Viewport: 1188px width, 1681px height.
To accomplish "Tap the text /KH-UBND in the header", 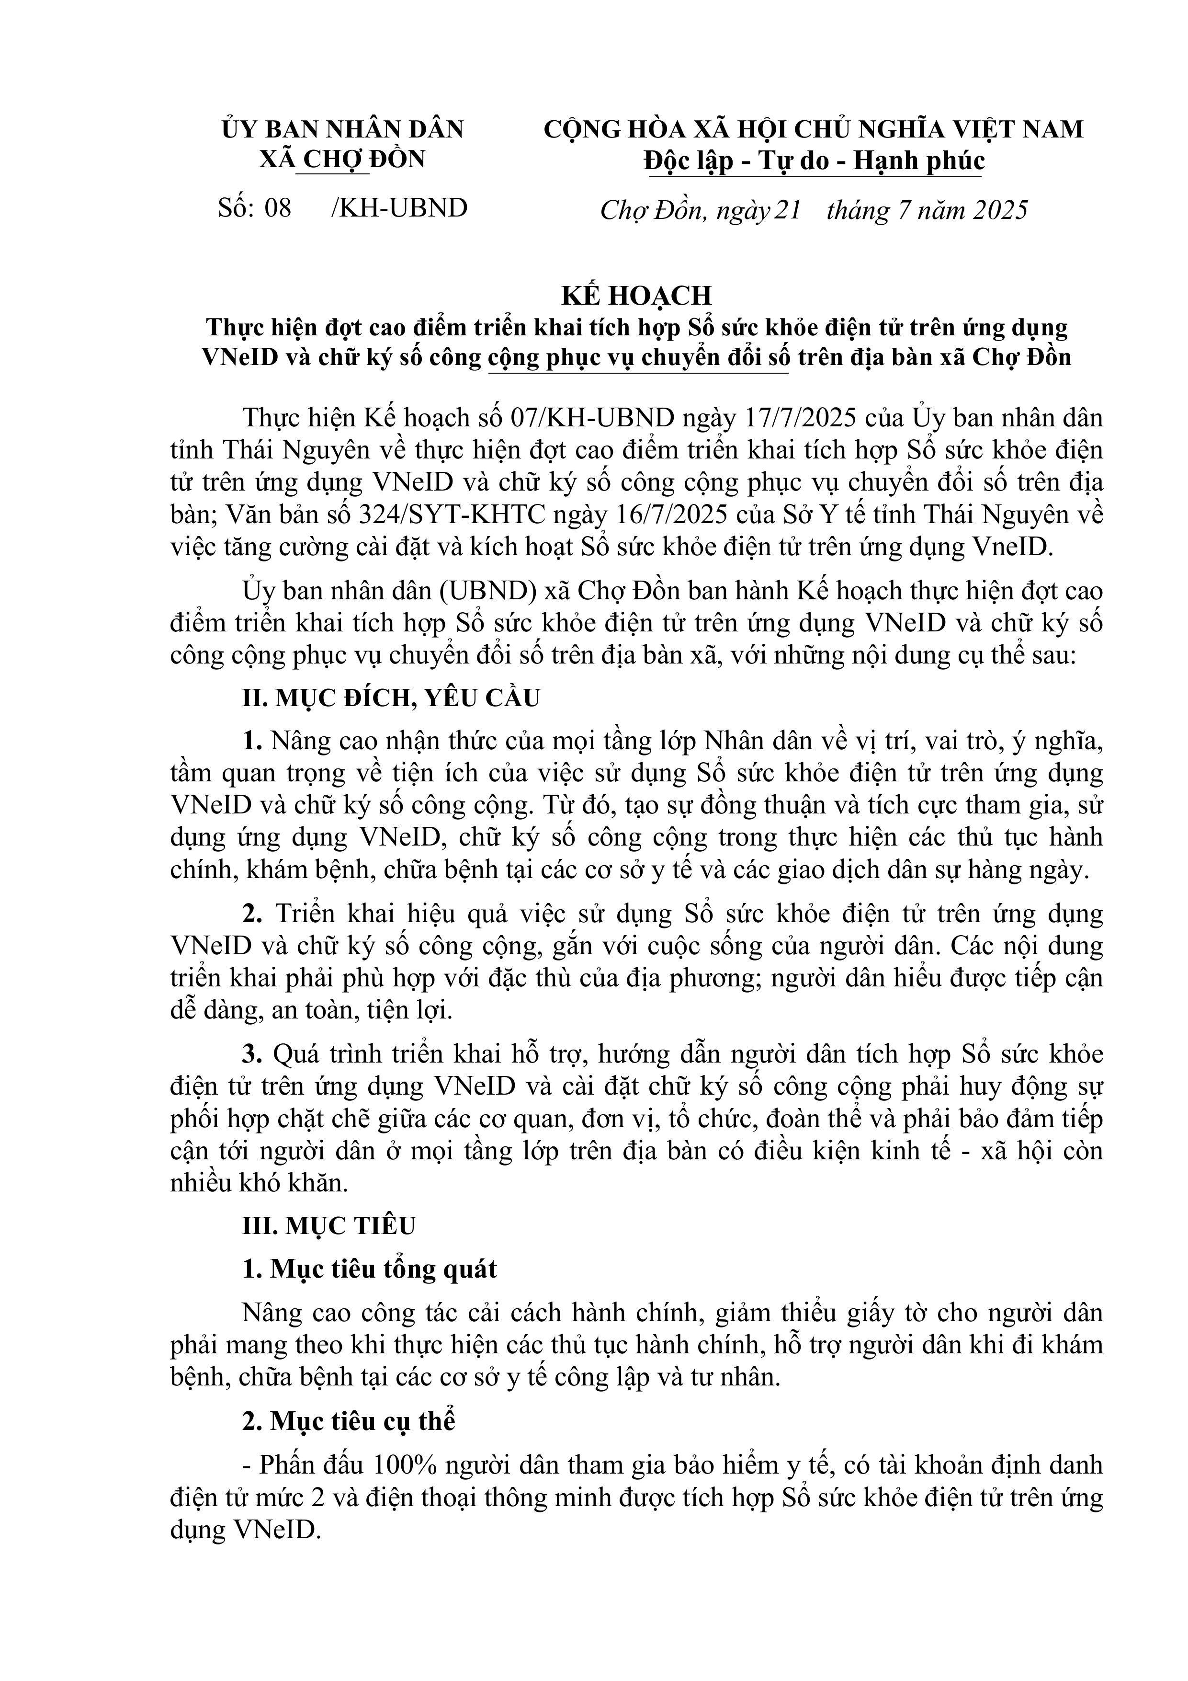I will [399, 209].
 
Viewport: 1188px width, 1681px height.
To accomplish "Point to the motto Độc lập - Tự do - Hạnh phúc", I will [814, 161].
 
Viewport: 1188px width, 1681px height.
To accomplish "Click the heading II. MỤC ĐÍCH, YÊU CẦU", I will [391, 698].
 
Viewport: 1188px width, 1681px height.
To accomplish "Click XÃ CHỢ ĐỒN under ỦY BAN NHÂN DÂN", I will [342, 160].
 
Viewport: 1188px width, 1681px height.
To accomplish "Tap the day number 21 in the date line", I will [788, 211].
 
